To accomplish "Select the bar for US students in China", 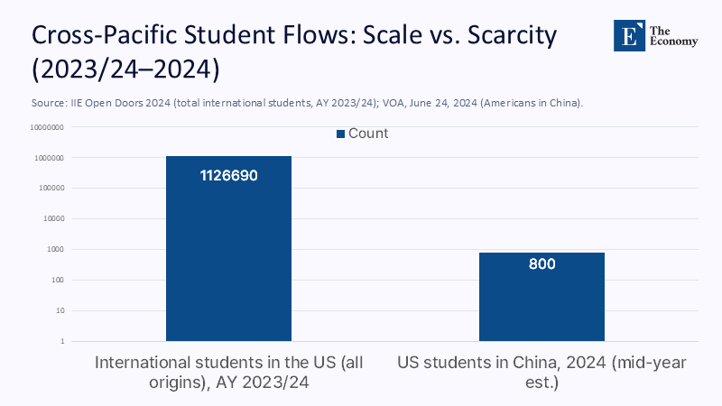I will pyautogui.click(x=541, y=302).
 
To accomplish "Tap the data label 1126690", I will pyautogui.click(x=228, y=175).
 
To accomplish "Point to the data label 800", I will pyautogui.click(x=541, y=264).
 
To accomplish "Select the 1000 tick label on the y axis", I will pyautogui.click(x=53, y=250).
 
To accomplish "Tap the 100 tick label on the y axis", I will pyautogui.click(x=55, y=281).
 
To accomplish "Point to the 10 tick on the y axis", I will pyautogui.click(x=57, y=311).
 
